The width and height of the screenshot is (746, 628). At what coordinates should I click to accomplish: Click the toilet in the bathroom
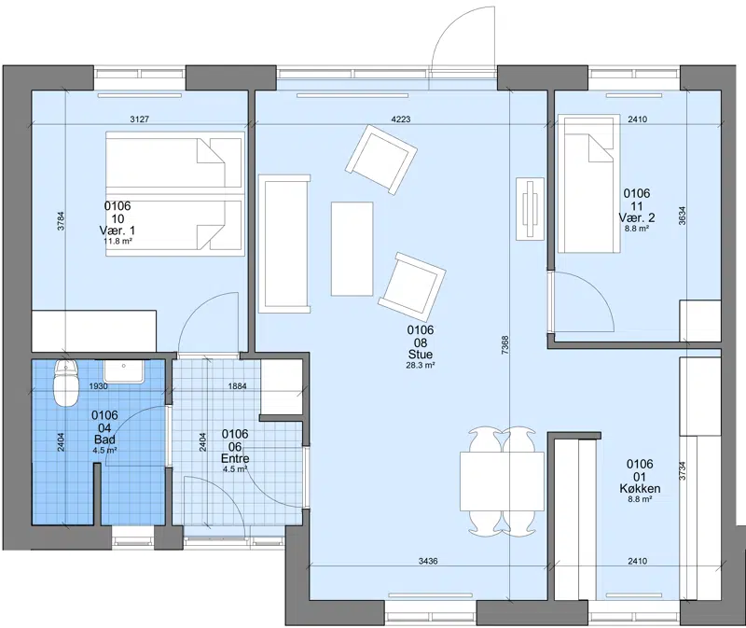pos(66,383)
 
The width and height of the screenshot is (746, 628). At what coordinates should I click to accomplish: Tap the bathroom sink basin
pos(124,370)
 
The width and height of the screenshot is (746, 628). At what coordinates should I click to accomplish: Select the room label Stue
pos(421,355)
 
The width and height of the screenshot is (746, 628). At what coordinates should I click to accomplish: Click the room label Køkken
pos(640,489)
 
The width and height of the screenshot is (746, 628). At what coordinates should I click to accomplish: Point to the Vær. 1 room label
pos(117,230)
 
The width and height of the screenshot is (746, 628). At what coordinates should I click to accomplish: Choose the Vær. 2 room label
pos(637,218)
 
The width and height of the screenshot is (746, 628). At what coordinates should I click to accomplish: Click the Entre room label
pos(235,459)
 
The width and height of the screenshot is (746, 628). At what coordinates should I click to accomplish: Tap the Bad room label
pos(104,440)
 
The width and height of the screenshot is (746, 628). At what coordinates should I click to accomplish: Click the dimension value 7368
pos(505,344)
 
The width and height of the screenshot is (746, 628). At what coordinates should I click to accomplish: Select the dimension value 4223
pos(401,119)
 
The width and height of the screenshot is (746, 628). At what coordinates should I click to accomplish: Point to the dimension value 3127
pos(139,119)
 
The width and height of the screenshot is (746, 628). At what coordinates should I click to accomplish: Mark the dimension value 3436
pos(428,562)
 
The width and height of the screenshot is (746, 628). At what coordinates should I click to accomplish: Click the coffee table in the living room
pos(352,248)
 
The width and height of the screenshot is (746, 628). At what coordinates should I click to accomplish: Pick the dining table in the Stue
pos(502,481)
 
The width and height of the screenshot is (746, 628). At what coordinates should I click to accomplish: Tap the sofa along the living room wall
pos(284,244)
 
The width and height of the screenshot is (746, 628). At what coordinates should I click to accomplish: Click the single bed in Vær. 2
pos(589,184)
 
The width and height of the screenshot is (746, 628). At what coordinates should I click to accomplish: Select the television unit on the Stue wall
pos(531,209)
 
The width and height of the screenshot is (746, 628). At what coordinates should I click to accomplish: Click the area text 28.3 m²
pos(421,366)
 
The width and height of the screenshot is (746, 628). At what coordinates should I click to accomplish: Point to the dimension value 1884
pos(238,386)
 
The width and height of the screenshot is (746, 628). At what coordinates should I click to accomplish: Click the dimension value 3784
pos(61,221)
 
